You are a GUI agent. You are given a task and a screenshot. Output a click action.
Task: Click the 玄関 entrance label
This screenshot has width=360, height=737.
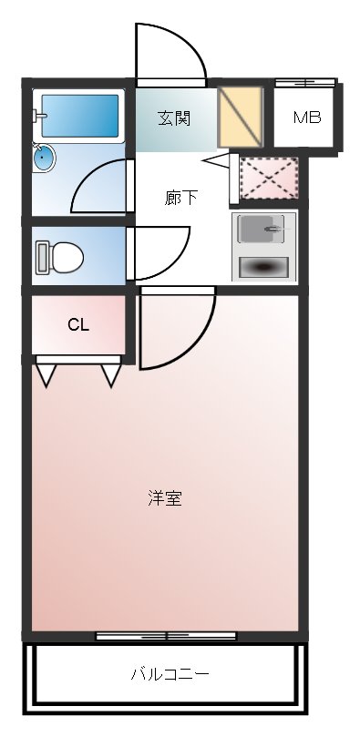pyautogui.click(x=174, y=118)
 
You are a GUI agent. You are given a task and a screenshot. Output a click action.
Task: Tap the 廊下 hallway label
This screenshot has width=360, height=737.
pyautogui.click(x=181, y=198)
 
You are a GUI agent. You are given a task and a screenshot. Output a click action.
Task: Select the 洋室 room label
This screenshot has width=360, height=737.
pyautogui.click(x=165, y=498)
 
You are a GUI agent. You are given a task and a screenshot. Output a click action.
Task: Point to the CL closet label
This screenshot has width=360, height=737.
pyautogui.click(x=78, y=325)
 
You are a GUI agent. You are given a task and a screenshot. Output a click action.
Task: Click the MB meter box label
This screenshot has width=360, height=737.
pyautogui.click(x=307, y=117)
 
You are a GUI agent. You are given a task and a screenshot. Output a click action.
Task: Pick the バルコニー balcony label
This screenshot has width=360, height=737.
pyautogui.click(x=170, y=675)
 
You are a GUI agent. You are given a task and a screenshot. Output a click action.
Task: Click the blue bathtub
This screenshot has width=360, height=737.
pyautogui.click(x=80, y=116)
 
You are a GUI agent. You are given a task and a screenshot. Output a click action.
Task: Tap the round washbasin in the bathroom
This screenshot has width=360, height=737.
pyautogui.click(x=44, y=157)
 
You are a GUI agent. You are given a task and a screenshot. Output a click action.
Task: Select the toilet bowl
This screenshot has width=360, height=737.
pyautogui.click(x=67, y=258)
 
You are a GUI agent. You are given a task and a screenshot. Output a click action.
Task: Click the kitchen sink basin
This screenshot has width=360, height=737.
pyautogui.click(x=262, y=229)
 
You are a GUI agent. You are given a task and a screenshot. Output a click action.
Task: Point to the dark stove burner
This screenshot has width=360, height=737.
pyautogui.click(x=263, y=268)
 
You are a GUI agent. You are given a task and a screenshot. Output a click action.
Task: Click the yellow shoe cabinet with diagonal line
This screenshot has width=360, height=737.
pyautogui.click(x=241, y=117)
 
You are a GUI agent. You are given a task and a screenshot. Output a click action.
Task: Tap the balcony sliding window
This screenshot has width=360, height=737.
pyautogui.click(x=166, y=636)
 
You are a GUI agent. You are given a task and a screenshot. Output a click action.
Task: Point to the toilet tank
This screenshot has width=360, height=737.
pyautogui.click(x=42, y=258)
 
